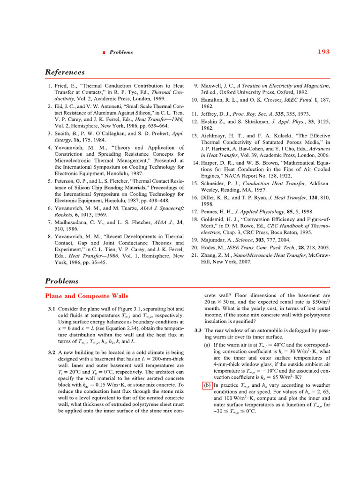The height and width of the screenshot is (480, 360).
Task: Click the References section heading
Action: pos(65,72)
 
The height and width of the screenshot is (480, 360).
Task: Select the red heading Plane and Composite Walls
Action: pos(86,296)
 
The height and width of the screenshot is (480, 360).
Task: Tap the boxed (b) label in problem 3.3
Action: pos(207,386)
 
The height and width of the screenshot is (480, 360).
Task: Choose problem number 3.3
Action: pos(198,330)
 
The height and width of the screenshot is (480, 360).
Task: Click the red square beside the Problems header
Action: pos(104,52)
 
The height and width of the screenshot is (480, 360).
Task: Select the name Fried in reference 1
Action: pos(61,86)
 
